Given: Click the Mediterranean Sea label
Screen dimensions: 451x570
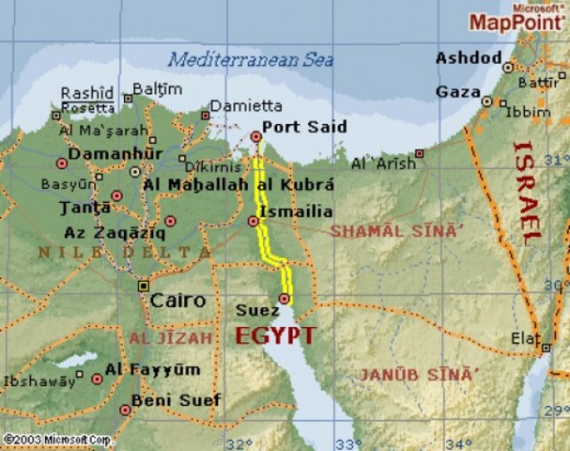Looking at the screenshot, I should (251, 59).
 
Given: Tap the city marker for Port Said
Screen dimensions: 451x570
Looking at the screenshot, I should (255, 137).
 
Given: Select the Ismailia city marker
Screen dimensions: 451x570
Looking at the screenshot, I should (253, 221).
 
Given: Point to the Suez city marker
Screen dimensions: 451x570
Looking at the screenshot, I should (285, 299).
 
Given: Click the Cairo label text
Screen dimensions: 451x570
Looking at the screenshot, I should (177, 302).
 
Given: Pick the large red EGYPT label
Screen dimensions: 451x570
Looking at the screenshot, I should (274, 335).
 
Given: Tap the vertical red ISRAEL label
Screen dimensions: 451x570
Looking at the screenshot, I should (527, 194).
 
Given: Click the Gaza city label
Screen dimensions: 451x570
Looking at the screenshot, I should (457, 92).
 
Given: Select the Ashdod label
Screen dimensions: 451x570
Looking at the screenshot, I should (469, 59).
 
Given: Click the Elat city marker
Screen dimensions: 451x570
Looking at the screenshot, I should (546, 348).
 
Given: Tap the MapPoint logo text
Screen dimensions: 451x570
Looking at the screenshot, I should (514, 22).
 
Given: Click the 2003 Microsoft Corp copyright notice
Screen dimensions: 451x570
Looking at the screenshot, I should (58, 439).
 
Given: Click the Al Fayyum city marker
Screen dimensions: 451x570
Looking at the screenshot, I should (97, 379).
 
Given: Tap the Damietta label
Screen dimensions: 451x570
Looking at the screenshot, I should (246, 106).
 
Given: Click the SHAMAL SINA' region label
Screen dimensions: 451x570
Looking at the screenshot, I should (396, 230).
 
